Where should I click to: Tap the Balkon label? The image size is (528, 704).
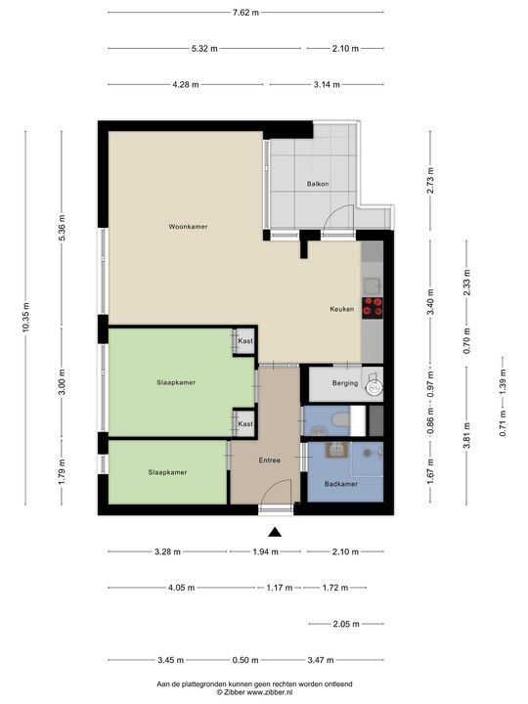(317, 183)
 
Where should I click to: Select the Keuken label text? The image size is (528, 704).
(341, 309)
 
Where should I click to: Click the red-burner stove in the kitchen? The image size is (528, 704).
(372, 308)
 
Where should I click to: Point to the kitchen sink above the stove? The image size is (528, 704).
(372, 286)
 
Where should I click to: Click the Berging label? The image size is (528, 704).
(344, 382)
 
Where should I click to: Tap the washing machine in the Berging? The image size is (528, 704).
(372, 386)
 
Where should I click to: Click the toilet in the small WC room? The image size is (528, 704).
(334, 420)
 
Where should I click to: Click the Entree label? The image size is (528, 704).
(270, 460)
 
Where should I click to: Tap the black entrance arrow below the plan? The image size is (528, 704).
(276, 532)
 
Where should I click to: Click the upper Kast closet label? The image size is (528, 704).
(245, 340)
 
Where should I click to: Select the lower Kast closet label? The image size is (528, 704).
(245, 423)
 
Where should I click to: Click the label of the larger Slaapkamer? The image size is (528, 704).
(175, 382)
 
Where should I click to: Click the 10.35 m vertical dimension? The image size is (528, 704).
(26, 318)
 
